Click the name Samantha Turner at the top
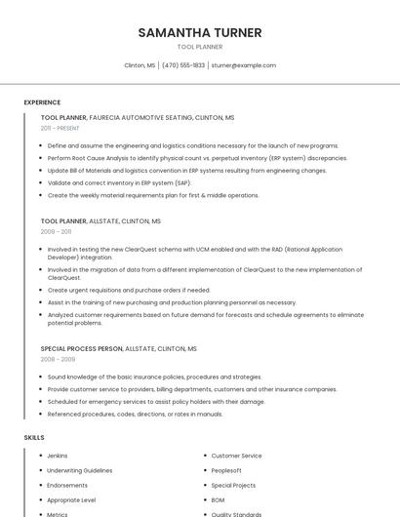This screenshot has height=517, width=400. click(x=200, y=32)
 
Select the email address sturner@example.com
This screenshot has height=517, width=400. click(x=244, y=65)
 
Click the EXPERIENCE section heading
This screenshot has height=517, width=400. click(x=42, y=102)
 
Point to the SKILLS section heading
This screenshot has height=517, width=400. click(x=34, y=438)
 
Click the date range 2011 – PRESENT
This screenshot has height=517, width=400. click(x=60, y=128)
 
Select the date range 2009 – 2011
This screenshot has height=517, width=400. click(x=56, y=232)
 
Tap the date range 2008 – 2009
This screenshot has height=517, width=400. click(x=58, y=359)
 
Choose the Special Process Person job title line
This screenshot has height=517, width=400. click(x=118, y=348)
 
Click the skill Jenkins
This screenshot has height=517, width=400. click(x=58, y=456)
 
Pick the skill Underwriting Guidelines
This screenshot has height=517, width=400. click(x=80, y=470)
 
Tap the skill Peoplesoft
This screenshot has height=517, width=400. click(x=227, y=470)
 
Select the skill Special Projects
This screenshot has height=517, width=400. click(x=233, y=485)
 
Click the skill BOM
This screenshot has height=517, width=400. click(x=219, y=499)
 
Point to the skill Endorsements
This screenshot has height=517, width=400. click(x=67, y=485)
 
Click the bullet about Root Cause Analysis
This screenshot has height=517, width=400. click(x=197, y=158)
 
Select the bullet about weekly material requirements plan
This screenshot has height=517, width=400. click(x=153, y=195)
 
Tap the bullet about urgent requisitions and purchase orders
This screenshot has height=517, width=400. click(x=129, y=290)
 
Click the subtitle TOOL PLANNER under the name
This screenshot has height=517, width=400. click(x=200, y=47)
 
